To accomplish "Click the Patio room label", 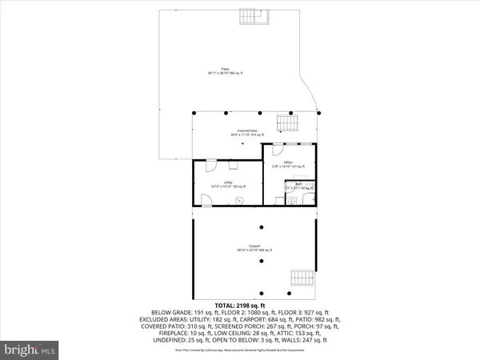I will tap(225, 71).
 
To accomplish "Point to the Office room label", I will tap(286, 164).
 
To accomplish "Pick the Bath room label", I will tap(298, 186).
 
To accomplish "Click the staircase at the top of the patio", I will tap(254, 17).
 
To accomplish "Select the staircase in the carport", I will tap(301, 276).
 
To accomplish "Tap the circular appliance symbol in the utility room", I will tap(238, 201).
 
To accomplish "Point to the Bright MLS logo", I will tap(30, 349).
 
